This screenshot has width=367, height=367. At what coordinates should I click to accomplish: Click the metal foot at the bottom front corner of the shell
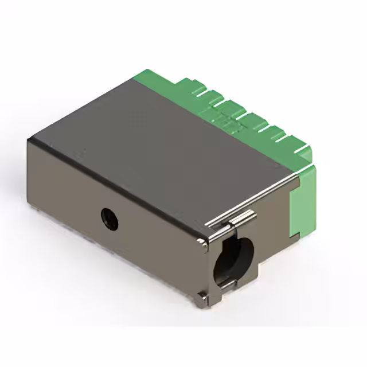pyautogui.click(x=202, y=299)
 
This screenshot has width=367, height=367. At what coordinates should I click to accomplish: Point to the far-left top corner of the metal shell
pyautogui.click(x=29, y=139)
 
